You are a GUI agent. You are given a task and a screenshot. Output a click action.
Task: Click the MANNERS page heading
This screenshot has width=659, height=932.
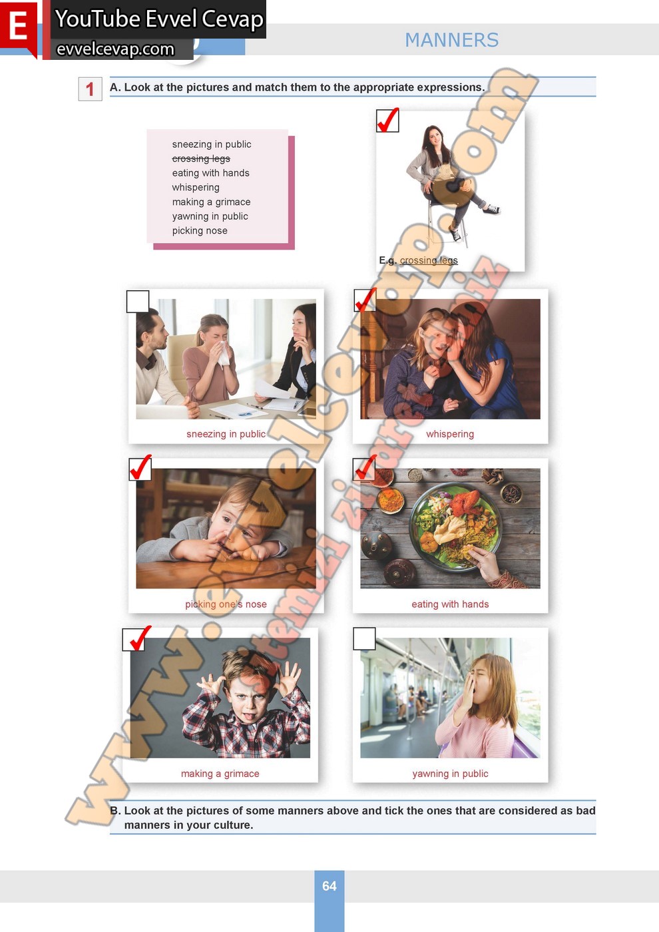coord(452,41)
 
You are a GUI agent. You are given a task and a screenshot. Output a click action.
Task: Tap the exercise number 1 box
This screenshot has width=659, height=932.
coord(91,89)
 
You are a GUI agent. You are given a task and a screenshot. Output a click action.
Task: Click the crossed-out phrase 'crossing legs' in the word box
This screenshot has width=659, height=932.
coord(201,158)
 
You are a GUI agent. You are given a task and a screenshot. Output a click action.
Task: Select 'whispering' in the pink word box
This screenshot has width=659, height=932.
coord(196,187)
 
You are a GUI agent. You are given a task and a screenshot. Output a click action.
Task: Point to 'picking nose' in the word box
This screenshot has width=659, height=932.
coord(200,230)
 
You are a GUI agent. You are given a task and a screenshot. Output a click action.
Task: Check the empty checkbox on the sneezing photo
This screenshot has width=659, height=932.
coord(138,301)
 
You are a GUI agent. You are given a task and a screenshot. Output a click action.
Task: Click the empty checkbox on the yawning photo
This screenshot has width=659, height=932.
coord(364,638)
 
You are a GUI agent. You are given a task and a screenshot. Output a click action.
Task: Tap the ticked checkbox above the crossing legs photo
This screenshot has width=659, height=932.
coord(387,120)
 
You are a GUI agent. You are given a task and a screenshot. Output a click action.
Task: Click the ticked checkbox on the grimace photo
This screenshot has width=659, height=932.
coord(134,640)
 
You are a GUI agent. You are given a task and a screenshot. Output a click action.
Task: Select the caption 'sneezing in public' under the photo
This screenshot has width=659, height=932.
coord(226,434)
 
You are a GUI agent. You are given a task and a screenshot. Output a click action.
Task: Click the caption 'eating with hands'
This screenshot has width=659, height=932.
coord(450,604)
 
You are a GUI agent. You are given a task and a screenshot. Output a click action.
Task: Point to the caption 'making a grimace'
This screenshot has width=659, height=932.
coord(220,774)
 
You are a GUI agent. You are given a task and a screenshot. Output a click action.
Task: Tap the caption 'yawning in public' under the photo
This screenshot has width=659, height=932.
coord(450,774)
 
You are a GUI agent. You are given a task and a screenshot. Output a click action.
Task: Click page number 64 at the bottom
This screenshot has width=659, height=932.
coord(329,886)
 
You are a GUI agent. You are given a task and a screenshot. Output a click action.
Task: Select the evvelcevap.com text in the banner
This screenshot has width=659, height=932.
coord(115,49)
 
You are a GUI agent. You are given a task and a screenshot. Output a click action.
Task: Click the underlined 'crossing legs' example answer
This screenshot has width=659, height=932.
coord(429,260)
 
